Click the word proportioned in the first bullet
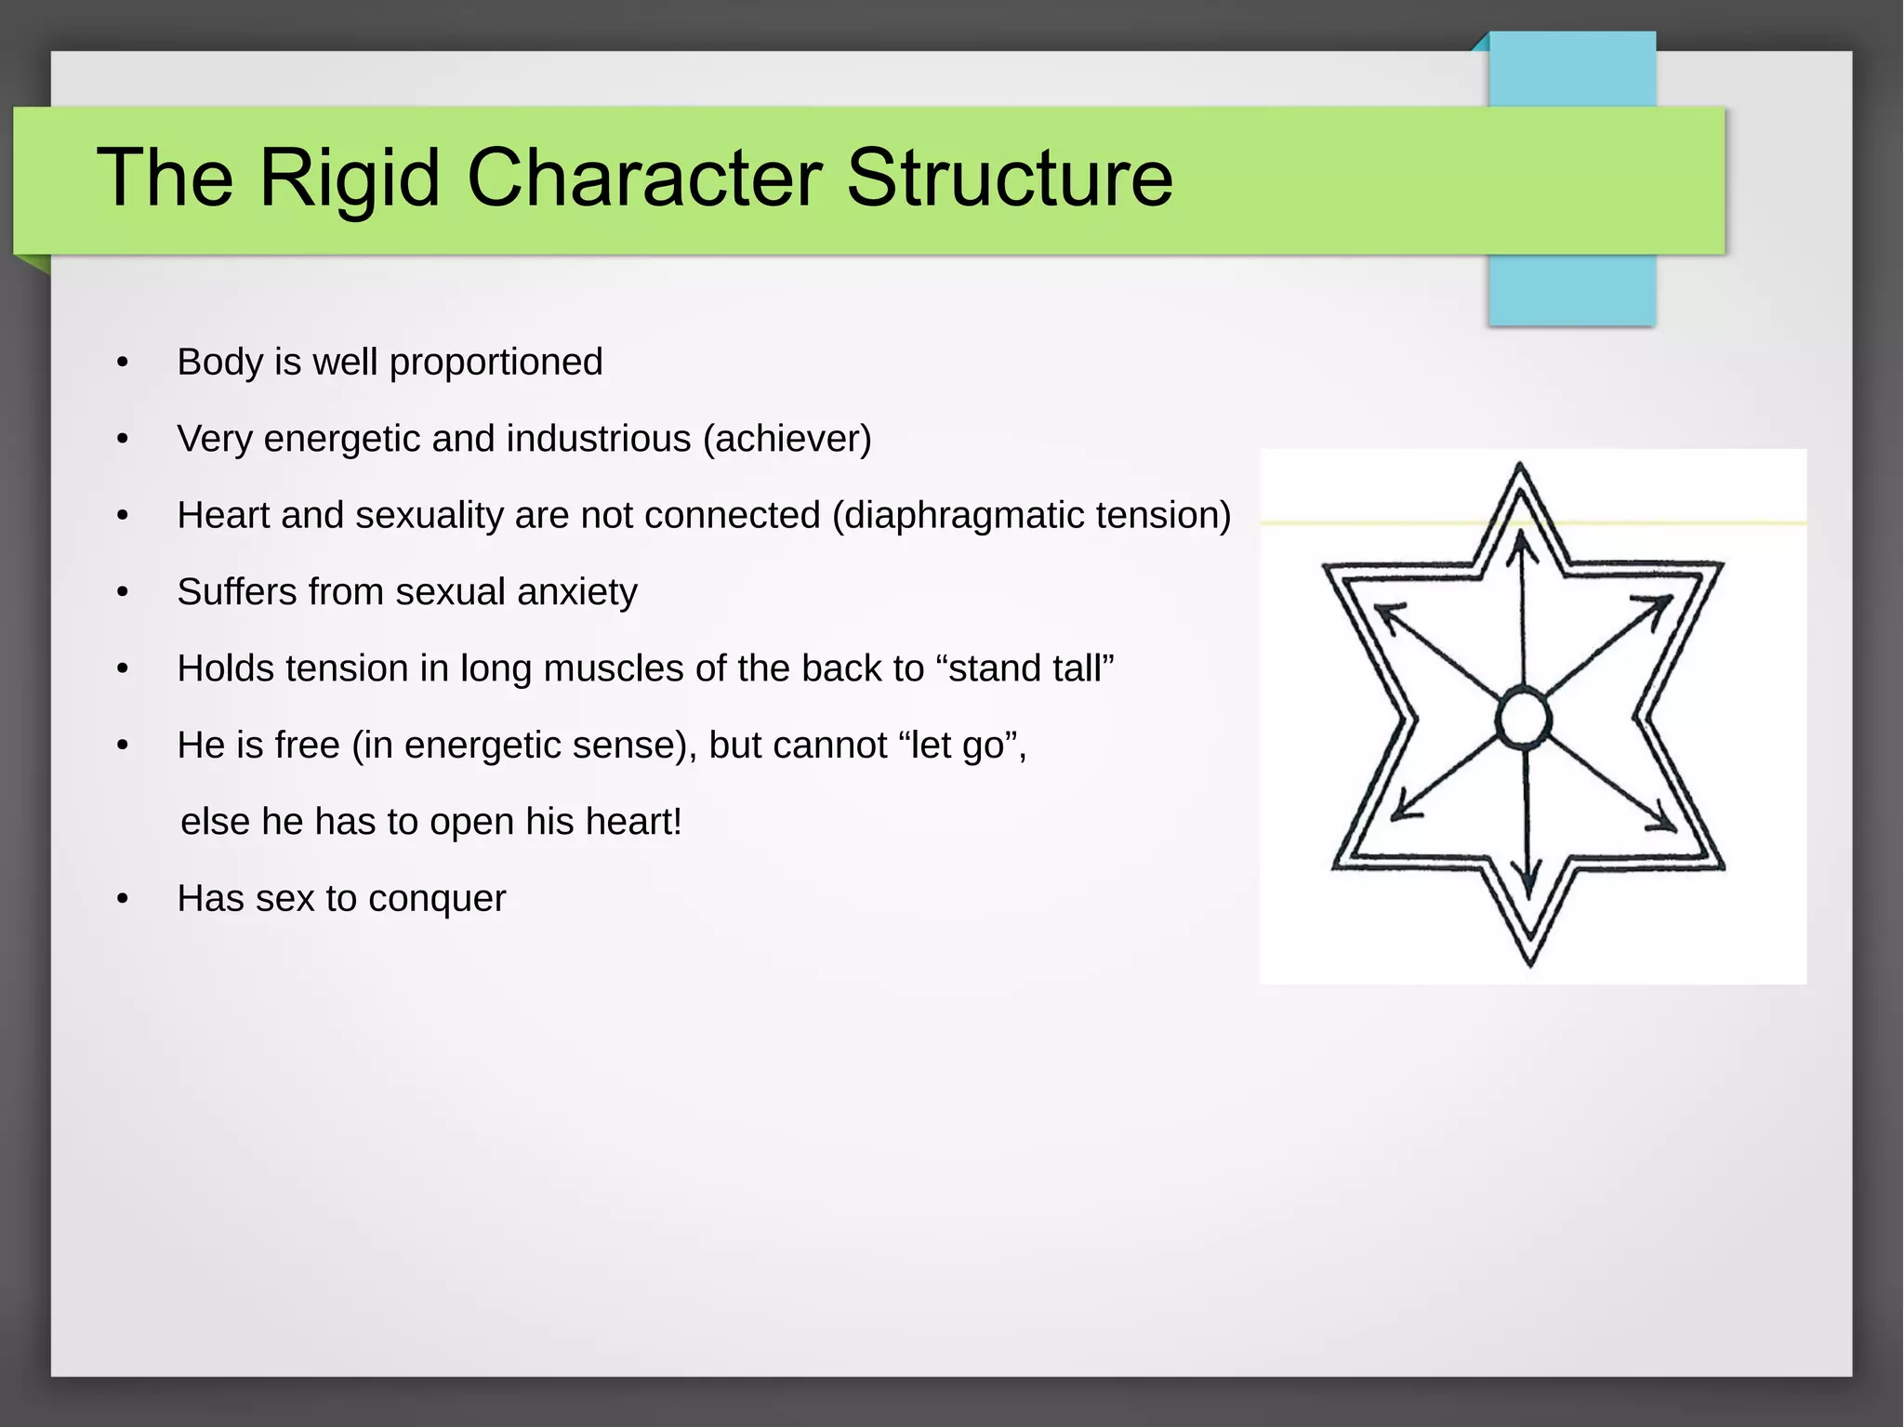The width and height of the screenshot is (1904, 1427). tap(496, 362)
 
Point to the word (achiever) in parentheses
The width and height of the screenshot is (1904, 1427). tap(787, 439)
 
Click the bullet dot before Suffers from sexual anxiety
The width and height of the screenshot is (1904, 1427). tap(123, 593)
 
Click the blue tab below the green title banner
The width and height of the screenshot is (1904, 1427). tap(1571, 290)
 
